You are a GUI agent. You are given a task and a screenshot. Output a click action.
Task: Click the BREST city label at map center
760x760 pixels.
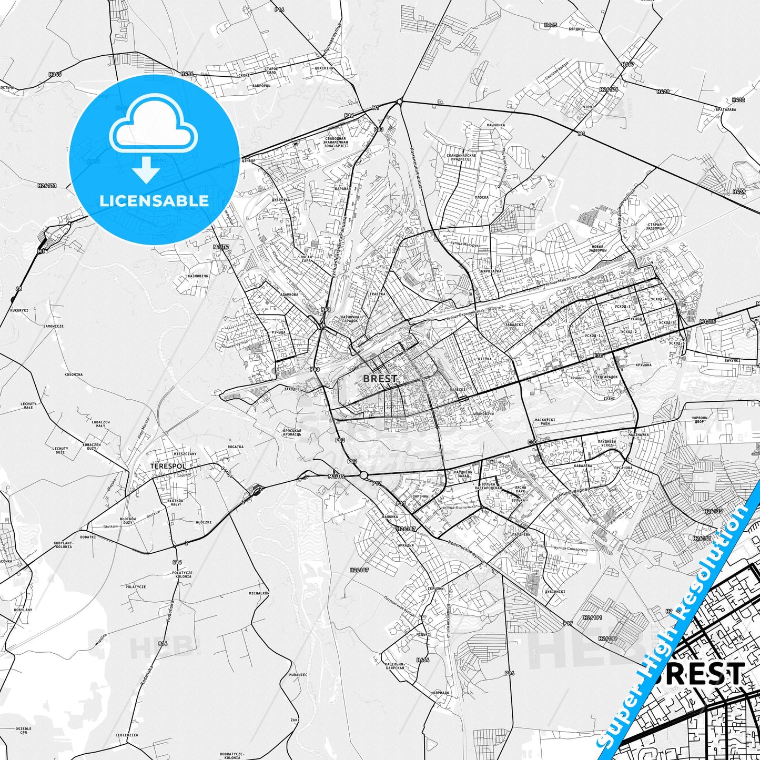(x=380, y=378)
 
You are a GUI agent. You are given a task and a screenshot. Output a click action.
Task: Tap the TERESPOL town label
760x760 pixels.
(x=168, y=466)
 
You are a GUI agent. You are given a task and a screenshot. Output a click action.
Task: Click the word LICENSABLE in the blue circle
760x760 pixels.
(x=154, y=200)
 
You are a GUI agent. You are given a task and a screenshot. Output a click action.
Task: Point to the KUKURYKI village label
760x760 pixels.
(x=19, y=310)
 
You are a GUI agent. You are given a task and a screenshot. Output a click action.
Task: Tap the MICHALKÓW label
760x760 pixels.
(x=259, y=593)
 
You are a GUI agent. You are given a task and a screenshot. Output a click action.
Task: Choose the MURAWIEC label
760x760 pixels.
(x=298, y=674)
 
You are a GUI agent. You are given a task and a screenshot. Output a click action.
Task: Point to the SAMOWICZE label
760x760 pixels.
(x=54, y=326)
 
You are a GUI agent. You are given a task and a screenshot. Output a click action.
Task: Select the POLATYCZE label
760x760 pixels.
(x=136, y=586)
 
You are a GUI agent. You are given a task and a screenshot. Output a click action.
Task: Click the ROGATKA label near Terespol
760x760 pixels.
(x=236, y=447)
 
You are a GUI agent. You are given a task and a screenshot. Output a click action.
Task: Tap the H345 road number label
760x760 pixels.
(x=55, y=74)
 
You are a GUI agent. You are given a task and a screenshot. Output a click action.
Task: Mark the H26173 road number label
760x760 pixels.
(x=47, y=185)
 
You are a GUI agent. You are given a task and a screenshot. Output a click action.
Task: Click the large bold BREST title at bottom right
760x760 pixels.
(x=700, y=674)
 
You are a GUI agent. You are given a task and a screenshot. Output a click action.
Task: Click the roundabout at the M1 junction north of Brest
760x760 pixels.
(x=400, y=102)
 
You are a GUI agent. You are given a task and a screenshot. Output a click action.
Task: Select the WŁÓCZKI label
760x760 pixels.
(x=204, y=522)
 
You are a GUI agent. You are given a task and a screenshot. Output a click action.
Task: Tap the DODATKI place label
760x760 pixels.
(x=88, y=537)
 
